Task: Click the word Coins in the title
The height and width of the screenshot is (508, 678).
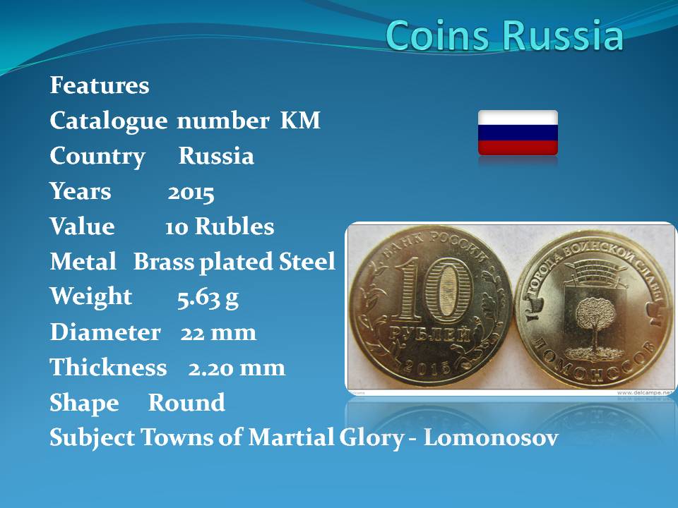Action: click(438, 35)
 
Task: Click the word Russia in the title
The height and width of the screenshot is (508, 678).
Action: click(563, 35)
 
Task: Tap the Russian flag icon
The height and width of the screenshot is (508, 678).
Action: click(518, 133)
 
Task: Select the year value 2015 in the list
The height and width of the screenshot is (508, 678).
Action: click(191, 193)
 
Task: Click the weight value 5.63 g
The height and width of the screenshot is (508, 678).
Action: click(208, 298)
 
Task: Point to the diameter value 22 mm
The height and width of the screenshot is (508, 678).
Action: click(218, 333)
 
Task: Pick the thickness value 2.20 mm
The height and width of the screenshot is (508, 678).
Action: click(237, 368)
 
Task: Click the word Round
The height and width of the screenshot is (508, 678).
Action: click(186, 403)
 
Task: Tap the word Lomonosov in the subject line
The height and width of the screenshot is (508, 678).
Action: click(491, 437)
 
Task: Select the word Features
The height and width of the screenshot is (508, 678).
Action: click(100, 85)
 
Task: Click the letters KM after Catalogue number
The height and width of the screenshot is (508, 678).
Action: click(301, 120)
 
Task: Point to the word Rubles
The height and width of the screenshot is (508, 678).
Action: click(234, 226)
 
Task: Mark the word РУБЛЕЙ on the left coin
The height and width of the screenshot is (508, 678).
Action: click(429, 334)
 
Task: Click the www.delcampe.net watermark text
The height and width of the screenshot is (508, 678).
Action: click(645, 393)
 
